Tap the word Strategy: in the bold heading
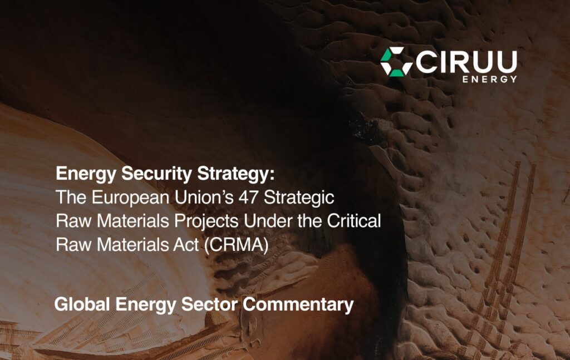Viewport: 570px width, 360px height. point(236,174)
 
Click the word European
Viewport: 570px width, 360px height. point(130,198)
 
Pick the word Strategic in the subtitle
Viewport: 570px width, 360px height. point(299,198)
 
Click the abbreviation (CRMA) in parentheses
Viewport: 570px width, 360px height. point(236,244)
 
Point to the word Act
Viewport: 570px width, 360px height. point(186,244)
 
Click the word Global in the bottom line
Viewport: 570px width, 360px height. point(82,304)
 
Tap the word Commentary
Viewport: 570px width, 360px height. point(298,305)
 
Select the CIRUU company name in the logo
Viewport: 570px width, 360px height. point(466,62)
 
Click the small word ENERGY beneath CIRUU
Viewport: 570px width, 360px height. point(490,79)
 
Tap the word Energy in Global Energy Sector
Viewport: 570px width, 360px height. point(145,305)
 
